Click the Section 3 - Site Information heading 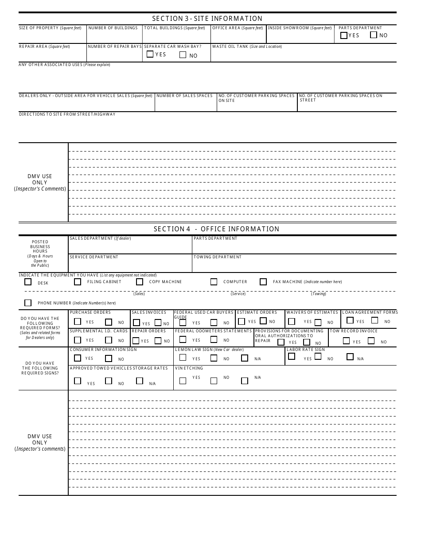tap(207, 19)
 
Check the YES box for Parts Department tap(343, 35)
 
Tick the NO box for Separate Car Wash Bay tap(183, 55)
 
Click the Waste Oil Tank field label tap(247, 47)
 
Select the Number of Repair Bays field tap(114, 55)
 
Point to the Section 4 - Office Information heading tap(216, 229)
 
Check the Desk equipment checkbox tap(28, 282)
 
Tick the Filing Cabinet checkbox tap(78, 282)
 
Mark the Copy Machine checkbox tap(140, 282)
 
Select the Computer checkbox tap(214, 282)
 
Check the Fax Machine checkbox tap(263, 282)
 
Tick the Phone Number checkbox tap(28, 303)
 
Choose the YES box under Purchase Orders tap(78, 322)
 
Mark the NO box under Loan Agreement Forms tap(375, 320)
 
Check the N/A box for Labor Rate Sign tap(350, 357)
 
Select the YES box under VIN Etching tap(183, 380)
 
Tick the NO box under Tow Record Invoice tap(371, 341)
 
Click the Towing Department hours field tap(294, 265)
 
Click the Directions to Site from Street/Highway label tap(67, 114)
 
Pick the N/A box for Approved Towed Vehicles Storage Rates tap(140, 381)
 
